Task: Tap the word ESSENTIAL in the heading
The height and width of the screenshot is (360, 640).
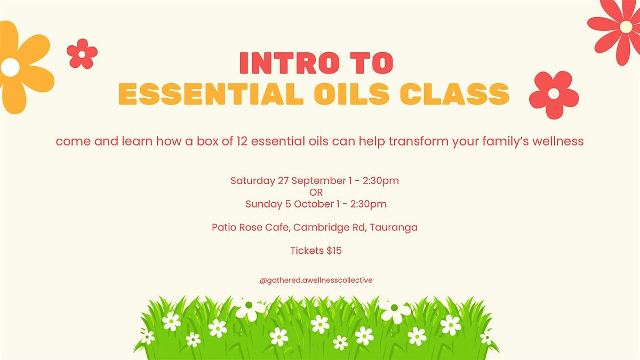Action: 211,94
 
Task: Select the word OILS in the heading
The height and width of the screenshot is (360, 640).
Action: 351,94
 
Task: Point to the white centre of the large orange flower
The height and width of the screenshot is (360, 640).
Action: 10,67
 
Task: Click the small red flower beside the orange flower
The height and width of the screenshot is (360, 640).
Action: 82,54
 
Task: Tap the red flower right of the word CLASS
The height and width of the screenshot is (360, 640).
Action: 554,94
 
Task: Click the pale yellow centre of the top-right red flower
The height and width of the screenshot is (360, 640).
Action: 626,27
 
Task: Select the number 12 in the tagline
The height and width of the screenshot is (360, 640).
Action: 242,141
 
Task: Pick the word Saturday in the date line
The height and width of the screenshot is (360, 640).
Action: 253,181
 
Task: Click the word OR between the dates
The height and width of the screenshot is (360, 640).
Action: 316,193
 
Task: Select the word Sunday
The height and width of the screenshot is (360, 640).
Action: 263,204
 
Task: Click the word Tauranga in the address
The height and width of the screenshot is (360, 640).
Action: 394,228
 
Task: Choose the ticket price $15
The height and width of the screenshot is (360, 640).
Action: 334,251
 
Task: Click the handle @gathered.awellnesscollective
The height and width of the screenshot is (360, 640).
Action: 316,281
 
